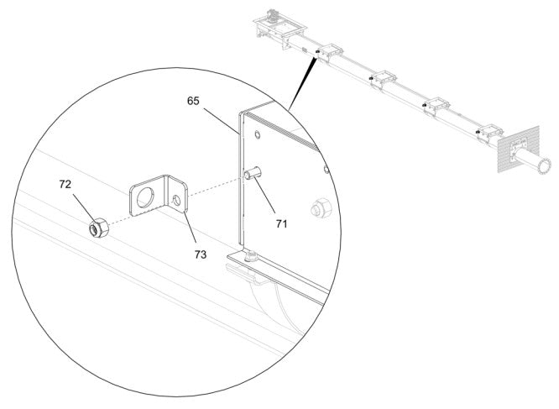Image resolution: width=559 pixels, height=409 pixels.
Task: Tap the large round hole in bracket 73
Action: pos(145,199)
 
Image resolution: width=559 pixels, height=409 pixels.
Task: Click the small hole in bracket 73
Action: pos(176,200)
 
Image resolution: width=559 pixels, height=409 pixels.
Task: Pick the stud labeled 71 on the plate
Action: pos(252,175)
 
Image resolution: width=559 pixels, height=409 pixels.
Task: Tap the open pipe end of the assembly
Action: pos(543,164)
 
